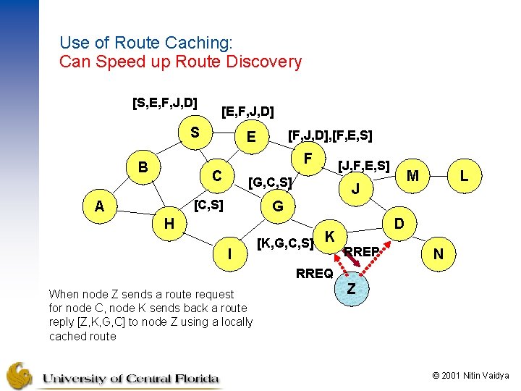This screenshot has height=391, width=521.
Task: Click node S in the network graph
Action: point(194,133)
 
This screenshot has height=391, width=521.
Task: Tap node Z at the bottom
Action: point(350,288)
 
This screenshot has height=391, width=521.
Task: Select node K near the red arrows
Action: point(329,236)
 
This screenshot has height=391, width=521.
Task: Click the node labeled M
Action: point(413,176)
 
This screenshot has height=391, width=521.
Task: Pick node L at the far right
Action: point(464,176)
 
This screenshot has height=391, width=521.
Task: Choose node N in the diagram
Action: point(438,255)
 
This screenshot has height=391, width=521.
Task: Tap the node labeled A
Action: point(100,207)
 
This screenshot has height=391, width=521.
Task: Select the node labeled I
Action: point(229,255)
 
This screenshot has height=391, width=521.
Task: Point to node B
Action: point(143,167)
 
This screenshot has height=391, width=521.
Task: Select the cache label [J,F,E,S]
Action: point(364,166)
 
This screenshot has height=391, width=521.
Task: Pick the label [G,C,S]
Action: point(270,182)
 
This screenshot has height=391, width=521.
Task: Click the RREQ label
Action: point(315,274)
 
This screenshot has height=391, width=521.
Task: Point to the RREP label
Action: point(362,252)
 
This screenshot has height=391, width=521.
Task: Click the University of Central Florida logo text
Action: point(130,378)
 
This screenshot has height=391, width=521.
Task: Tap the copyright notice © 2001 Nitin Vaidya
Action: point(470,376)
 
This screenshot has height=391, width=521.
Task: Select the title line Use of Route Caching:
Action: point(146,43)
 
